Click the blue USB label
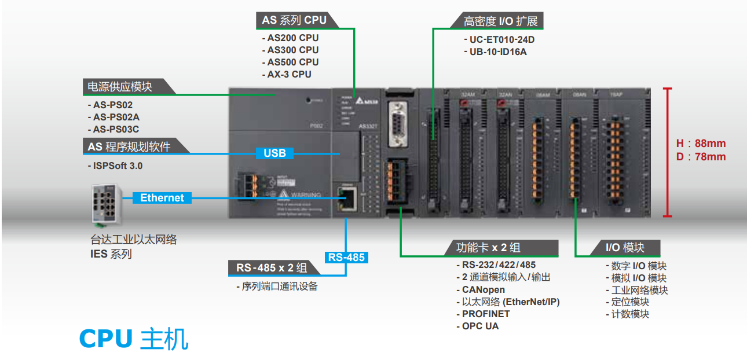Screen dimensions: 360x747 coord(274,153)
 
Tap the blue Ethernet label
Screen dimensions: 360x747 coord(162,198)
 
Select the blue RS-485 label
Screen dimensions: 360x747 coord(346,257)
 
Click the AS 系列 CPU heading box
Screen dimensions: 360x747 coord(294,20)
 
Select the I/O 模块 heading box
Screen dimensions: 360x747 coord(625,248)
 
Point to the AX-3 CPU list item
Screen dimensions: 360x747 coord(289,74)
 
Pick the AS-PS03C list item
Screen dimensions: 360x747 coord(116,130)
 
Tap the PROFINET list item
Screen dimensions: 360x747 coord(485,314)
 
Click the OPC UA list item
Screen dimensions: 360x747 coord(480,326)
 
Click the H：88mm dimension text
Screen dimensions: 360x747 coord(701,144)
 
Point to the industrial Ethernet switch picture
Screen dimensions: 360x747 coord(107,204)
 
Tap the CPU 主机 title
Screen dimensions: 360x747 coord(134,339)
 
